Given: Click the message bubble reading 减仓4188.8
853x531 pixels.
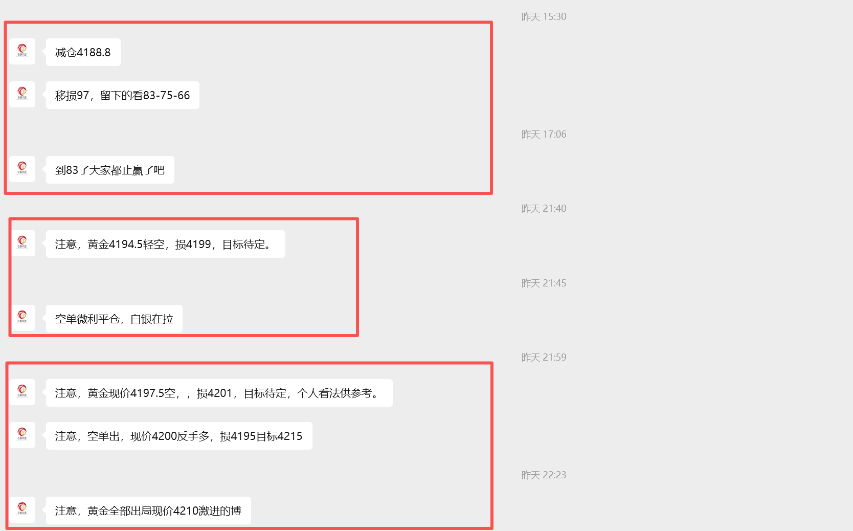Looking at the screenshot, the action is tap(83, 52).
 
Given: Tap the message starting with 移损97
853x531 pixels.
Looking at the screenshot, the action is tap(123, 95).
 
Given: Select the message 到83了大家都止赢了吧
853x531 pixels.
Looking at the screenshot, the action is tap(110, 170).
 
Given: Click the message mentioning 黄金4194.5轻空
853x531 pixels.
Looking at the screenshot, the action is tap(166, 244).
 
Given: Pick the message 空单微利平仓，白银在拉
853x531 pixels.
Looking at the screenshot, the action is tap(114, 319).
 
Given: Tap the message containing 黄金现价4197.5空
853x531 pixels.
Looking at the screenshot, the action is tap(219, 393).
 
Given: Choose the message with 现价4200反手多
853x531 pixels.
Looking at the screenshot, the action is tap(179, 436).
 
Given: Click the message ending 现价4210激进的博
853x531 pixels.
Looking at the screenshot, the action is tap(148, 511).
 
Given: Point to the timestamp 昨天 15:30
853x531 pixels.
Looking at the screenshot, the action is tap(544, 17).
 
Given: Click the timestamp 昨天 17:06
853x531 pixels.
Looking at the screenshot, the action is tap(544, 135).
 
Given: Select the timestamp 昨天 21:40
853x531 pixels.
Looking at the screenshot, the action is tap(544, 209).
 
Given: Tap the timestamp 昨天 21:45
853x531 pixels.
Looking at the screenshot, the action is tap(544, 283).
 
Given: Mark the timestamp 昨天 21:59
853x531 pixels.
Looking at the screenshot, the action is tap(544, 357).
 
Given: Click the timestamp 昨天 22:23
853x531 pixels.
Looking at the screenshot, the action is tap(544, 475).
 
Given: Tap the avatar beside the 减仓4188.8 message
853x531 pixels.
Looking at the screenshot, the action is tap(22, 52).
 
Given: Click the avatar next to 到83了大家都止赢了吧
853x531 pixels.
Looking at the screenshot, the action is tap(22, 169).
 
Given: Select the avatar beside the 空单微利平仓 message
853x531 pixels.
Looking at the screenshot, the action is tap(22, 318).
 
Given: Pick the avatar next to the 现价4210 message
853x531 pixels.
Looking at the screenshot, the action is tap(22, 510).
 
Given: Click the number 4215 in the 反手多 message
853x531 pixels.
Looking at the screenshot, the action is tap(290, 436).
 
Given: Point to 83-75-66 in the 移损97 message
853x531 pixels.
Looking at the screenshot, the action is tap(166, 95).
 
